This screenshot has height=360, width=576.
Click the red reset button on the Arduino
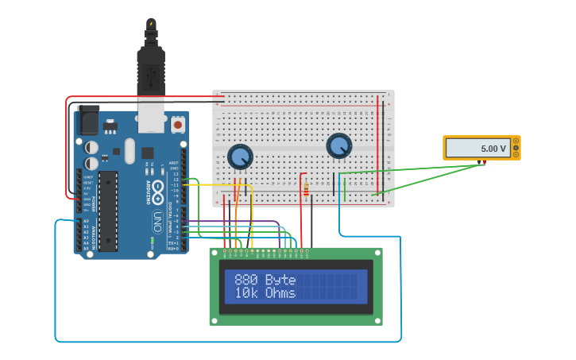(x=178, y=125)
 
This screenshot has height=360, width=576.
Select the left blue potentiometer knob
(x=240, y=156)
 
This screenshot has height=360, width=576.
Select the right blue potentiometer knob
(x=338, y=145)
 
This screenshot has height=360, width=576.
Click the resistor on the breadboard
(x=307, y=188)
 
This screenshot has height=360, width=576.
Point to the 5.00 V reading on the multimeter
(x=493, y=149)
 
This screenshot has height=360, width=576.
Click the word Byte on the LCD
(x=280, y=280)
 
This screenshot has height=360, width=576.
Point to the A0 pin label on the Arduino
(x=86, y=221)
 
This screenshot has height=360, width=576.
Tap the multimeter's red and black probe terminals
(x=483, y=162)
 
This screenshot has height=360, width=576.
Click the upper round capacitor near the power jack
(x=92, y=147)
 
